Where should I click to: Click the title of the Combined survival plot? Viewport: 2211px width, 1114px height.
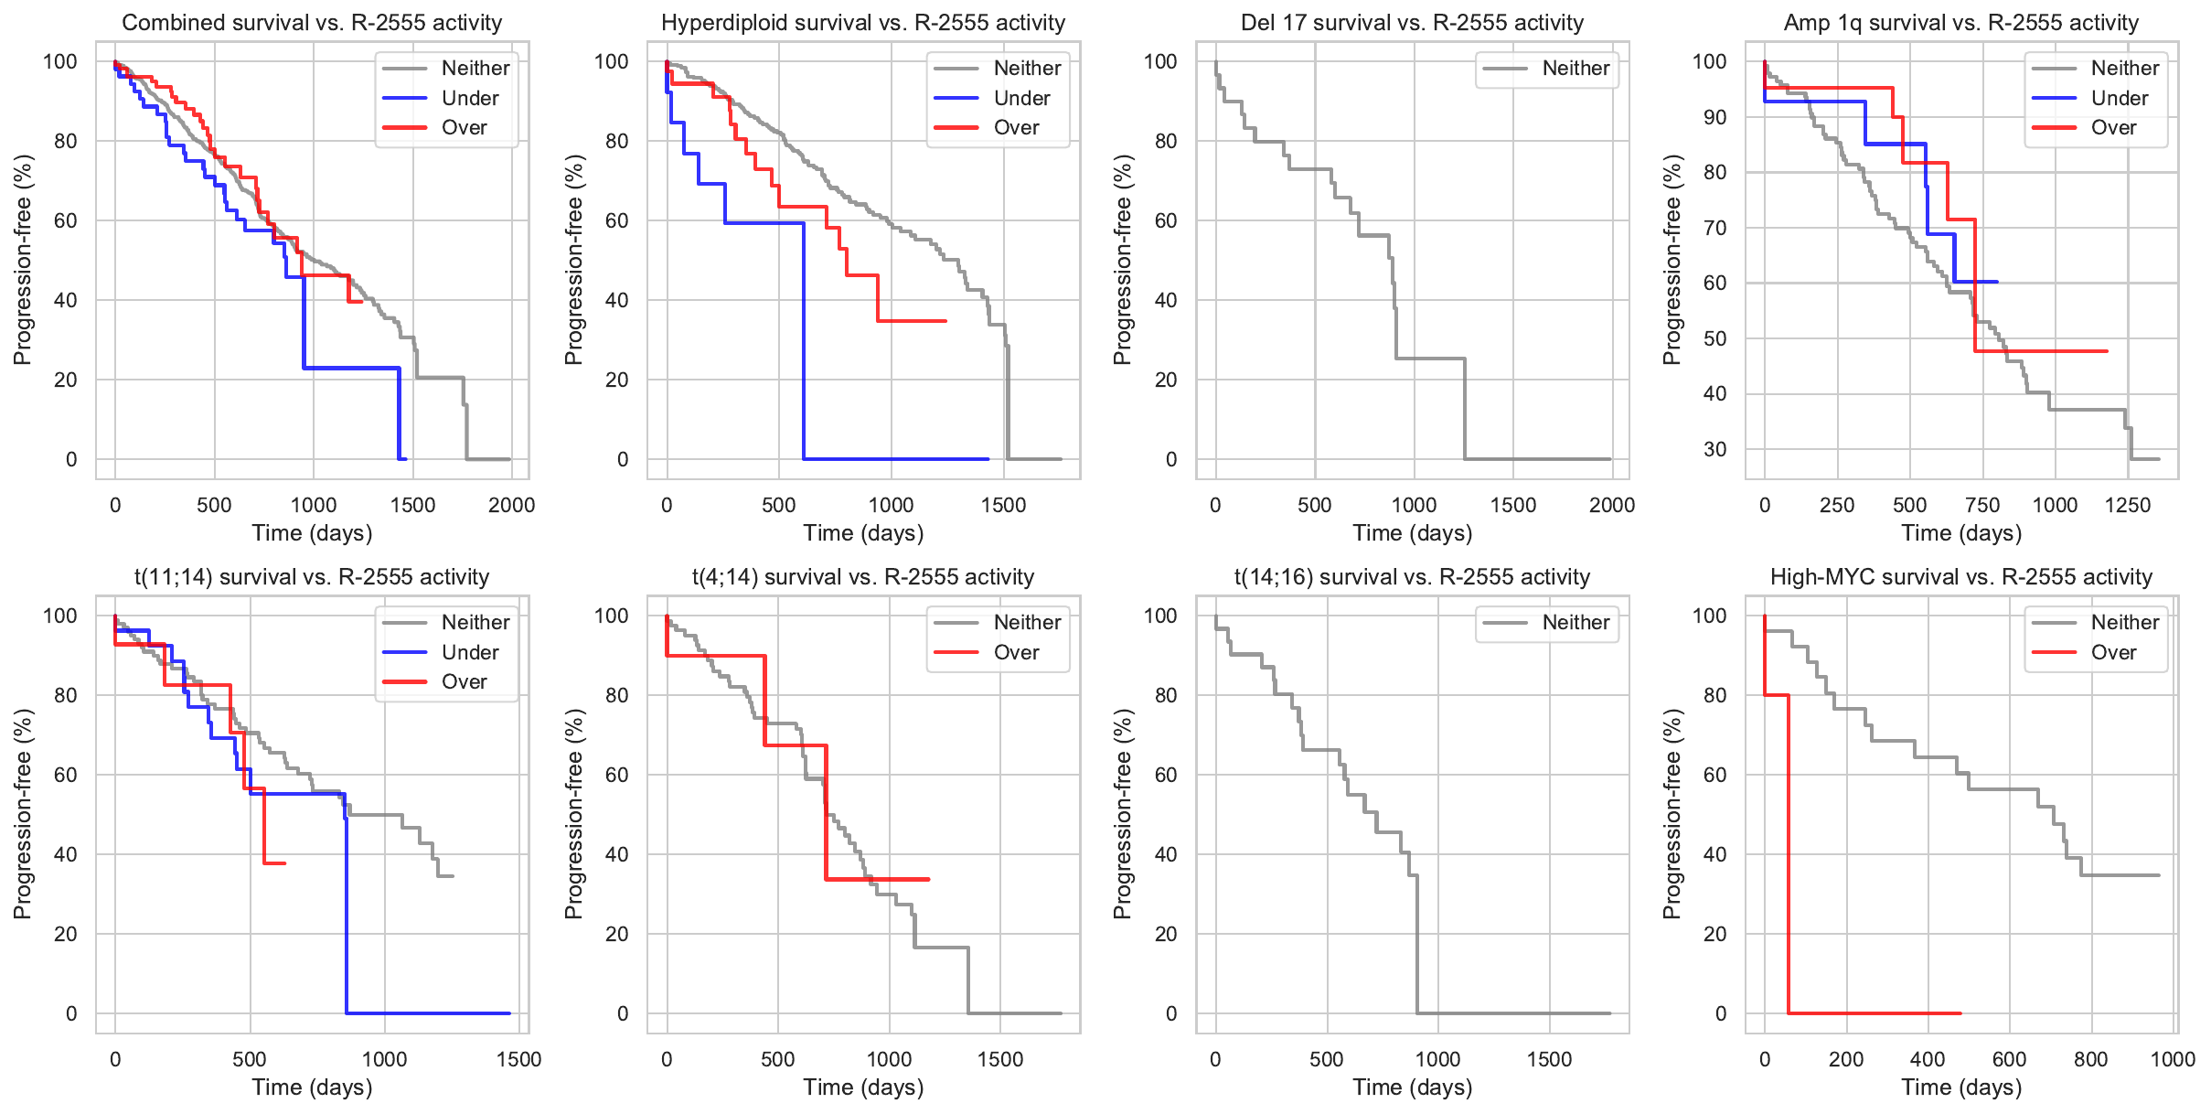312,23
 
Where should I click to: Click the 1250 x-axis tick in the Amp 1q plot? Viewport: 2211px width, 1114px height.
2127,505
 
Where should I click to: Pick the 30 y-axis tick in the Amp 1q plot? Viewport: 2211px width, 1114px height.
1714,449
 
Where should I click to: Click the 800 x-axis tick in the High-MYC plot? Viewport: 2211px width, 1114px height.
2090,1059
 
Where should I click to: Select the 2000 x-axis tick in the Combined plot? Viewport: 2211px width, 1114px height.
511,505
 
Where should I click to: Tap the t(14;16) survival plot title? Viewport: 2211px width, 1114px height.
1412,577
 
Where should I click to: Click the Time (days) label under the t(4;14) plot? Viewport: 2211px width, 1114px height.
863,1087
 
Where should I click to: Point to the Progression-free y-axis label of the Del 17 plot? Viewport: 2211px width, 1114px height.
1123,260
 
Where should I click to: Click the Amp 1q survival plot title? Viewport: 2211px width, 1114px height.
1961,23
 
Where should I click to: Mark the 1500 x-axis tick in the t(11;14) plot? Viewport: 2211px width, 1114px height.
518,1059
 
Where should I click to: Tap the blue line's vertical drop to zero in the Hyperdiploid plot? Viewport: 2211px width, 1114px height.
804,348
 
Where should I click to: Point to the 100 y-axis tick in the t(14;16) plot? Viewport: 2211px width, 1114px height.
1160,616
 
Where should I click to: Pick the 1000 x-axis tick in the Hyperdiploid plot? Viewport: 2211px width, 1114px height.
891,505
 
